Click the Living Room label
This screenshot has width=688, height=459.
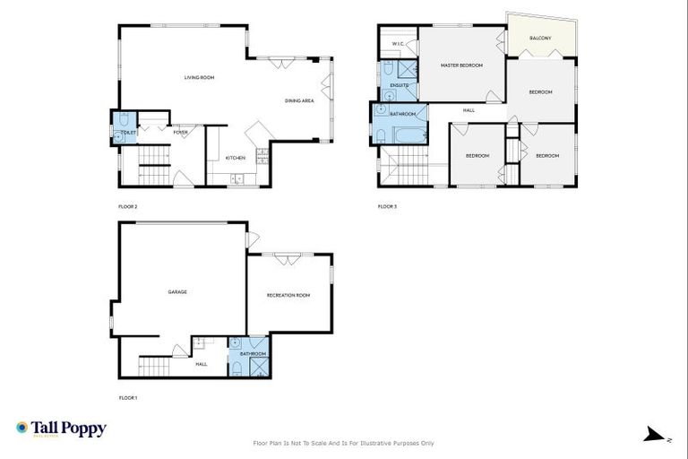coord(199,78)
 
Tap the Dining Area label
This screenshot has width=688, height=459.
coord(299,100)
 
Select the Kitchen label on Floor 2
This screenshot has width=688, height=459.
coord(236,158)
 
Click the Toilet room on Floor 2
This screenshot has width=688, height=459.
coord(124,126)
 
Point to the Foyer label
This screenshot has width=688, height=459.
coord(181,133)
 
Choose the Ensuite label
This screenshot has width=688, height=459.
coord(399,85)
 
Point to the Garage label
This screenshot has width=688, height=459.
coord(177,292)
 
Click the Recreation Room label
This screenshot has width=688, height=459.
coord(288,295)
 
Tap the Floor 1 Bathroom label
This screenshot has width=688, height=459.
coord(253,354)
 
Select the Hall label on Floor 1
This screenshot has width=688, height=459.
coord(202,364)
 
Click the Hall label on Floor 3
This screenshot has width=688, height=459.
coord(469,110)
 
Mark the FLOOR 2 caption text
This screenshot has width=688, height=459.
coord(128,207)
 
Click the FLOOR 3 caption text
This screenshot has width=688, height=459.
coord(387,207)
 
